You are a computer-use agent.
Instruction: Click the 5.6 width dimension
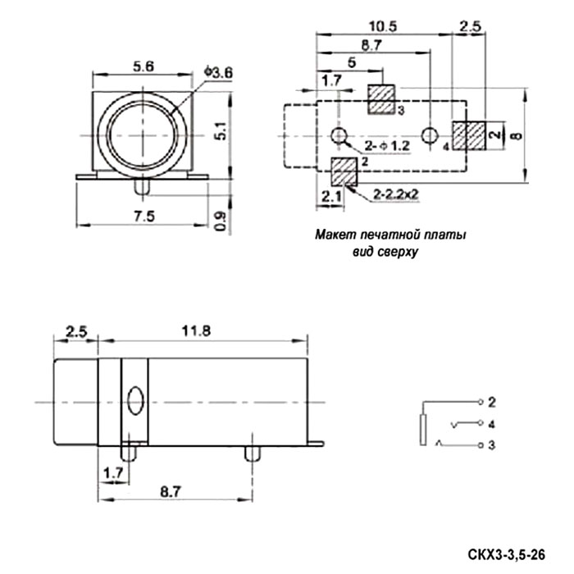(x=143, y=66)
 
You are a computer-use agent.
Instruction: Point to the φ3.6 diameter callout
(x=219, y=72)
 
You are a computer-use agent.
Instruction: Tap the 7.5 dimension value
(x=144, y=216)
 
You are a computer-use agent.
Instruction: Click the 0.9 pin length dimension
(x=220, y=221)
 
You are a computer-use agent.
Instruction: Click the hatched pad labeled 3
(x=381, y=99)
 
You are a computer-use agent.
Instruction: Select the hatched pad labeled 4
(x=469, y=136)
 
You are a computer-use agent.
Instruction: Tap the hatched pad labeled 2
(x=344, y=171)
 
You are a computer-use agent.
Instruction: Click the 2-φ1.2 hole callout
(x=387, y=146)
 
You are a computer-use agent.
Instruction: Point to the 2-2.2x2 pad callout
(x=396, y=194)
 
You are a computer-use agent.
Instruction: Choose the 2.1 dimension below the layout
(x=331, y=197)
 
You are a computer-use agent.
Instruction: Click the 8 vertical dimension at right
(x=517, y=136)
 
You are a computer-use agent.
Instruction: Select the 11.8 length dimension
(x=196, y=331)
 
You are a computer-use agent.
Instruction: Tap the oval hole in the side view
(x=135, y=400)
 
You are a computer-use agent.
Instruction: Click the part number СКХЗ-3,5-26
(x=506, y=554)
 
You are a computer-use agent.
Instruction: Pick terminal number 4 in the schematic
(x=492, y=424)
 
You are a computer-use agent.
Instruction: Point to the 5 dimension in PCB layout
(x=352, y=62)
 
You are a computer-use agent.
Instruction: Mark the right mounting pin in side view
(x=253, y=453)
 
